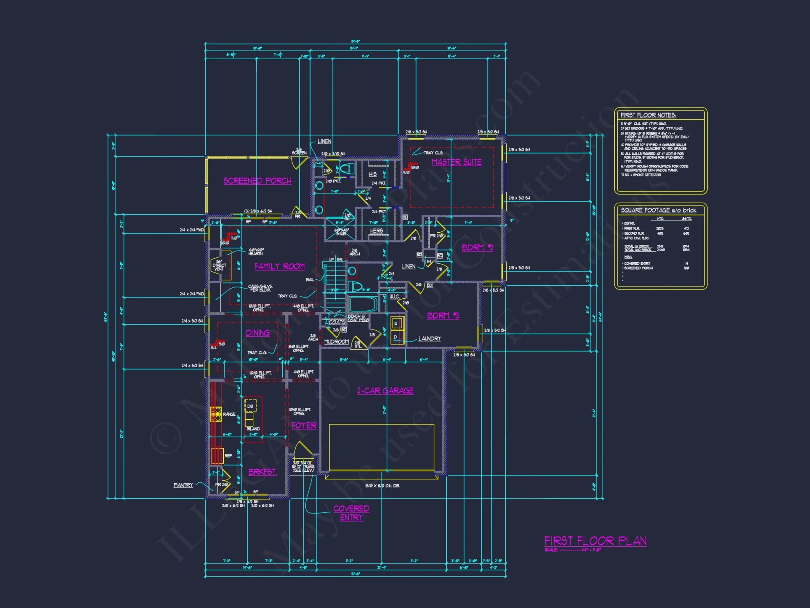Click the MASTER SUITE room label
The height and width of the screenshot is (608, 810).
(456, 162)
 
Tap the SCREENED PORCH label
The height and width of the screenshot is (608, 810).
(258, 181)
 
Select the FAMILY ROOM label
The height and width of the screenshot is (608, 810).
(279, 266)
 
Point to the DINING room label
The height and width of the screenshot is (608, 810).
(258, 333)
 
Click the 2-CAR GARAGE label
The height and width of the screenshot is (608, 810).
(385, 391)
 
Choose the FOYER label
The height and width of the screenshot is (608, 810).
(304, 426)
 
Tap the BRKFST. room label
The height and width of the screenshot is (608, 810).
(262, 472)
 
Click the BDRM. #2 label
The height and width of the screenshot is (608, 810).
(477, 248)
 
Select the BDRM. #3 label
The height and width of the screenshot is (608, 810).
(443, 315)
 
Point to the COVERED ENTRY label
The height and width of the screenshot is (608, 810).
(351, 513)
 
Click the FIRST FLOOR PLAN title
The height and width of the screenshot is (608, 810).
(595, 541)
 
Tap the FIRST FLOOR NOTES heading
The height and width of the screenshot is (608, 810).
(648, 115)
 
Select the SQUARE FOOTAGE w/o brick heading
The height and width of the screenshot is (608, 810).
(659, 210)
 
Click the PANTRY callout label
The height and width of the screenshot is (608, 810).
(183, 485)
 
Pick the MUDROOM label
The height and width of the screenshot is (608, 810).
(336, 342)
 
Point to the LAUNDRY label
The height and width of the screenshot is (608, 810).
(430, 338)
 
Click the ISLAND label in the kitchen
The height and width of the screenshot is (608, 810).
(253, 428)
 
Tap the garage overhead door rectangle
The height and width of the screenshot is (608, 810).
(382, 447)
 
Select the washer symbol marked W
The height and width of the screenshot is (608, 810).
(396, 323)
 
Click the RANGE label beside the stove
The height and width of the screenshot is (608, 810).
(229, 414)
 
